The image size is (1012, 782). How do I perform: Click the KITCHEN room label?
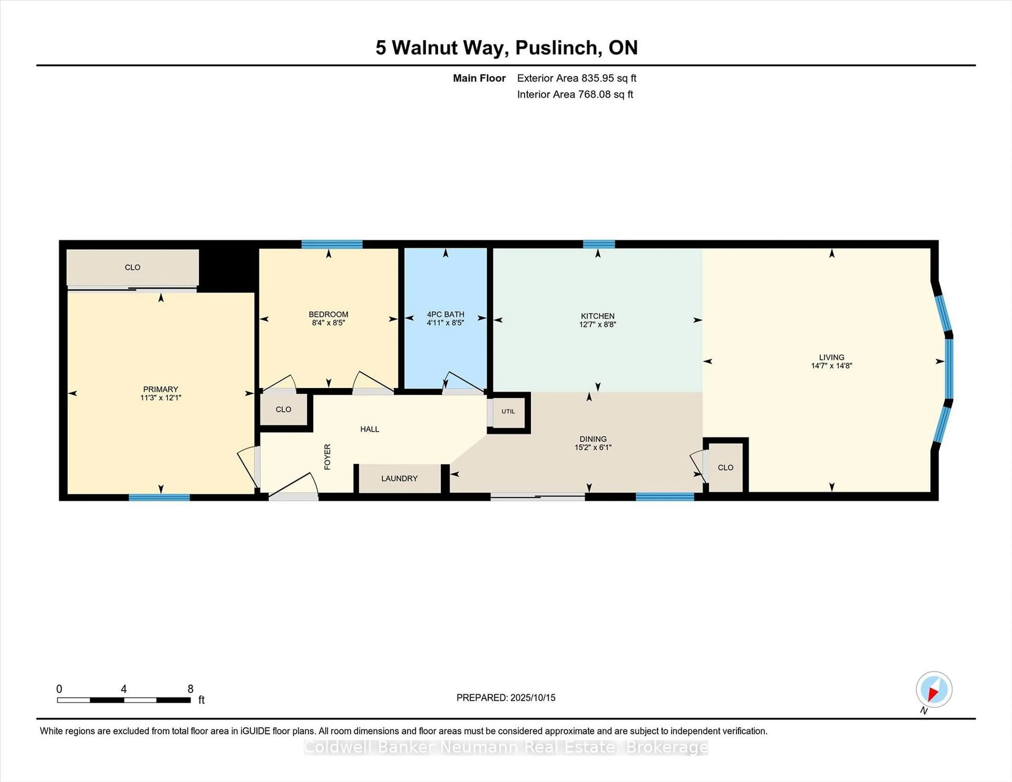pyautogui.click(x=597, y=316)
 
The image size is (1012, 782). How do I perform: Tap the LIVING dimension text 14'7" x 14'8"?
pyautogui.click(x=831, y=365)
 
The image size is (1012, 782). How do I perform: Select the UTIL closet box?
pyautogui.click(x=508, y=411)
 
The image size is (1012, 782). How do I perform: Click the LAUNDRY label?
pyautogui.click(x=400, y=478)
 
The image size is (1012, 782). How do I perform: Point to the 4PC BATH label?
pyautogui.click(x=445, y=314)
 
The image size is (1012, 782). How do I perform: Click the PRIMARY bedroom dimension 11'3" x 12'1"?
pyautogui.click(x=160, y=398)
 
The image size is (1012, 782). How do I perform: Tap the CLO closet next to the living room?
pyautogui.click(x=725, y=467)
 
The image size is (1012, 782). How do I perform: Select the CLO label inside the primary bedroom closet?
pyautogui.click(x=133, y=267)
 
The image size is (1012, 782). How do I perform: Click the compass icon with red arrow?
pyautogui.click(x=934, y=689)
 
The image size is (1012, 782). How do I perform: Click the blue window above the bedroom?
pyautogui.click(x=332, y=244)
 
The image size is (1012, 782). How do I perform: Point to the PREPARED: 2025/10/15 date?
pyautogui.click(x=505, y=698)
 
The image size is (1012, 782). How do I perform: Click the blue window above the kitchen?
pyautogui.click(x=599, y=244)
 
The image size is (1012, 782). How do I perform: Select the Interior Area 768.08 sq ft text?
pyautogui.click(x=575, y=95)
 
